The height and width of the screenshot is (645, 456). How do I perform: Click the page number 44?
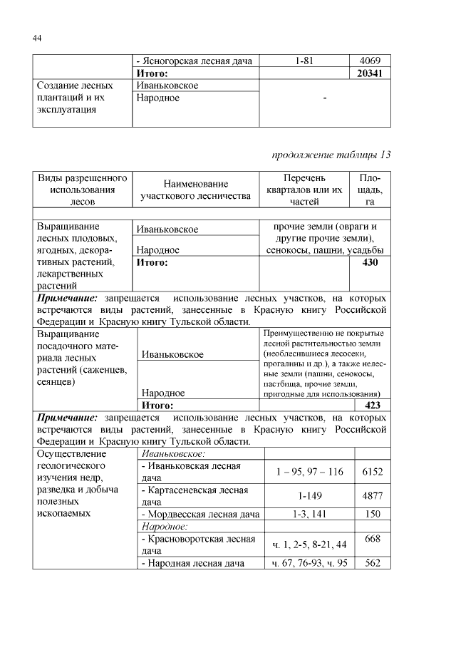(38, 38)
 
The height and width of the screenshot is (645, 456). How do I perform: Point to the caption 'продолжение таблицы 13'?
(332, 154)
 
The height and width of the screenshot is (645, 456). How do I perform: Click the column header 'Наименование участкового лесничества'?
(195, 189)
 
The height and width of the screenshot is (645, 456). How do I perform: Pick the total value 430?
(370, 263)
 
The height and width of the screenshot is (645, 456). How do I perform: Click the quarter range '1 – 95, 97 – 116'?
(309, 471)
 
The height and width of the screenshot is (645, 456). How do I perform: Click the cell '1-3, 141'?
(307, 514)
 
